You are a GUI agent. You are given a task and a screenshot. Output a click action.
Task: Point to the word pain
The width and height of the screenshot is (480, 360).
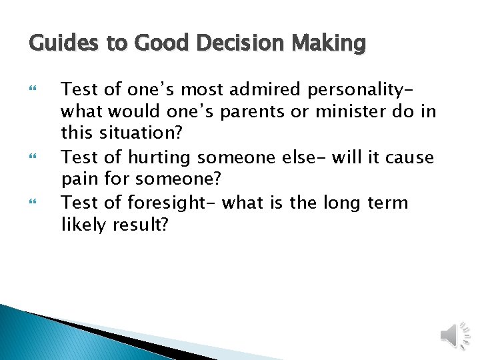click(79, 180)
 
